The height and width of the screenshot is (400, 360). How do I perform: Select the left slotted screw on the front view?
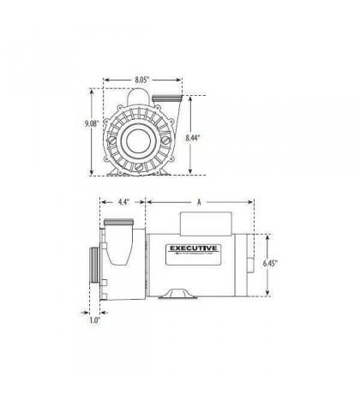point(108,137)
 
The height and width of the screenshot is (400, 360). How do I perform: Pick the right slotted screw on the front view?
point(168,137)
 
